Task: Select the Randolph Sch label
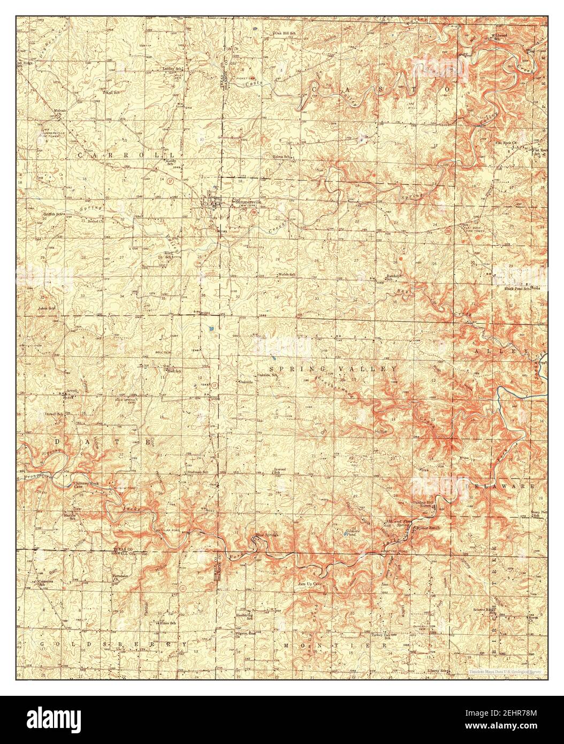tap(394, 278)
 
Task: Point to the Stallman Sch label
tap(197, 472)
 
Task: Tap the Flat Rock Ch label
tap(506, 143)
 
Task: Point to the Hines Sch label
tap(161, 622)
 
